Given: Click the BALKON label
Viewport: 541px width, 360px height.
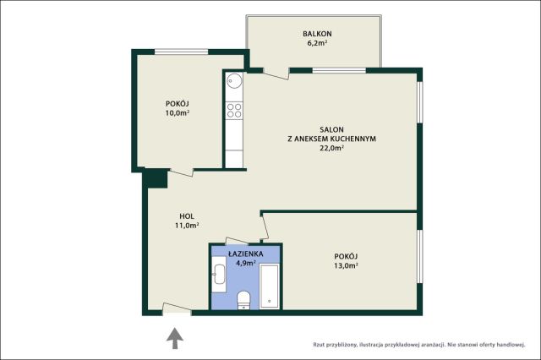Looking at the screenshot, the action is point(317,34).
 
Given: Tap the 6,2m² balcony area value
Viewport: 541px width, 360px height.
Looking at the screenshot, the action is point(317,43).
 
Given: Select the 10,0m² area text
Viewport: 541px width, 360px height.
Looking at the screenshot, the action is point(178,112).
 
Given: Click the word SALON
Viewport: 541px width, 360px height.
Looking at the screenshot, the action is point(331,129).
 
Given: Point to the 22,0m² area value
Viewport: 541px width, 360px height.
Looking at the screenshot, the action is point(332,148).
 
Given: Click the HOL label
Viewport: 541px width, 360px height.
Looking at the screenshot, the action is point(187,216).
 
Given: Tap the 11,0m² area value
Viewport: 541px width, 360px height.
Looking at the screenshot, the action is point(187,226).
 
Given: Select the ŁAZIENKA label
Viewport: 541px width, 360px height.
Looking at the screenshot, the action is point(246,254).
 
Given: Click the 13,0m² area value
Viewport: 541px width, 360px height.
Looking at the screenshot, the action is point(346,265).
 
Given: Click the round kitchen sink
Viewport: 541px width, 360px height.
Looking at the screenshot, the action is point(234,81).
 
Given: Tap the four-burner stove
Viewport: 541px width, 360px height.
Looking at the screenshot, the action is point(234,111).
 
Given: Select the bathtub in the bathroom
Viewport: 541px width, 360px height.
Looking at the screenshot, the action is point(269,286).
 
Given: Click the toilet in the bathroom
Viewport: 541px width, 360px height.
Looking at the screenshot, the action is point(244,300).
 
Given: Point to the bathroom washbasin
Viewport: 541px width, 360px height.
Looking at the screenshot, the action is point(219,274).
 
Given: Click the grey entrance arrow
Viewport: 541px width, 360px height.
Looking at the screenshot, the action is point(175,338).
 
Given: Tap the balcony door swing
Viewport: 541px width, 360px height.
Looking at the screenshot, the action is point(276,74).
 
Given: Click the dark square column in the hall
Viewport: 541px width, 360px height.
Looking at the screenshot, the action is point(156,179).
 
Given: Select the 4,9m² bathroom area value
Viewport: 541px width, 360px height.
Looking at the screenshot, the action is point(246,263).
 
